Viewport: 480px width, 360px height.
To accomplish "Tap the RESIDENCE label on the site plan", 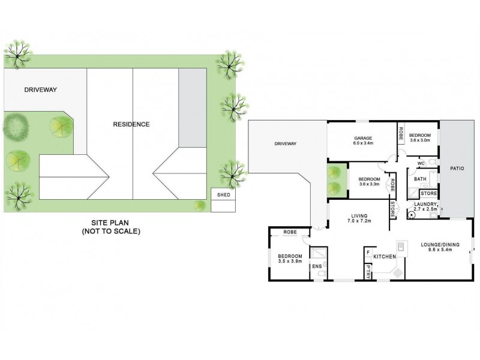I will click(131, 125).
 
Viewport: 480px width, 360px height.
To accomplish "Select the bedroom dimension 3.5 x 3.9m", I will click(289, 261).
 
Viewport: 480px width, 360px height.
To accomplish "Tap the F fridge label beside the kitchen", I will click(367, 253).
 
